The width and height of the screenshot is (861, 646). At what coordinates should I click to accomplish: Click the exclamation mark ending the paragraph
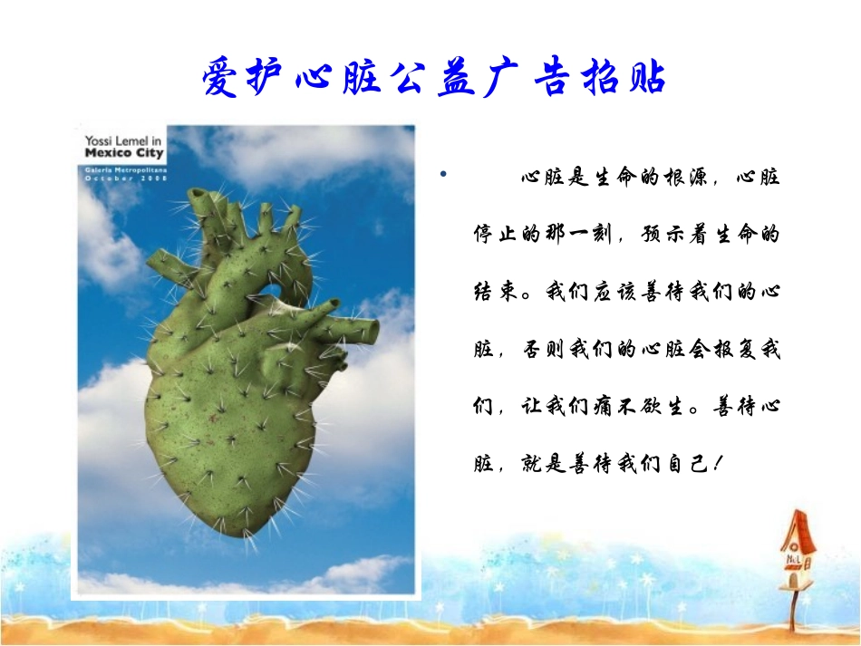717,464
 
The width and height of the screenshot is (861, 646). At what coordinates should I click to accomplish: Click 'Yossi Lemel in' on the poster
122,141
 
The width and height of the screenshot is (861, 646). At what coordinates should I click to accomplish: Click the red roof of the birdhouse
795,525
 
